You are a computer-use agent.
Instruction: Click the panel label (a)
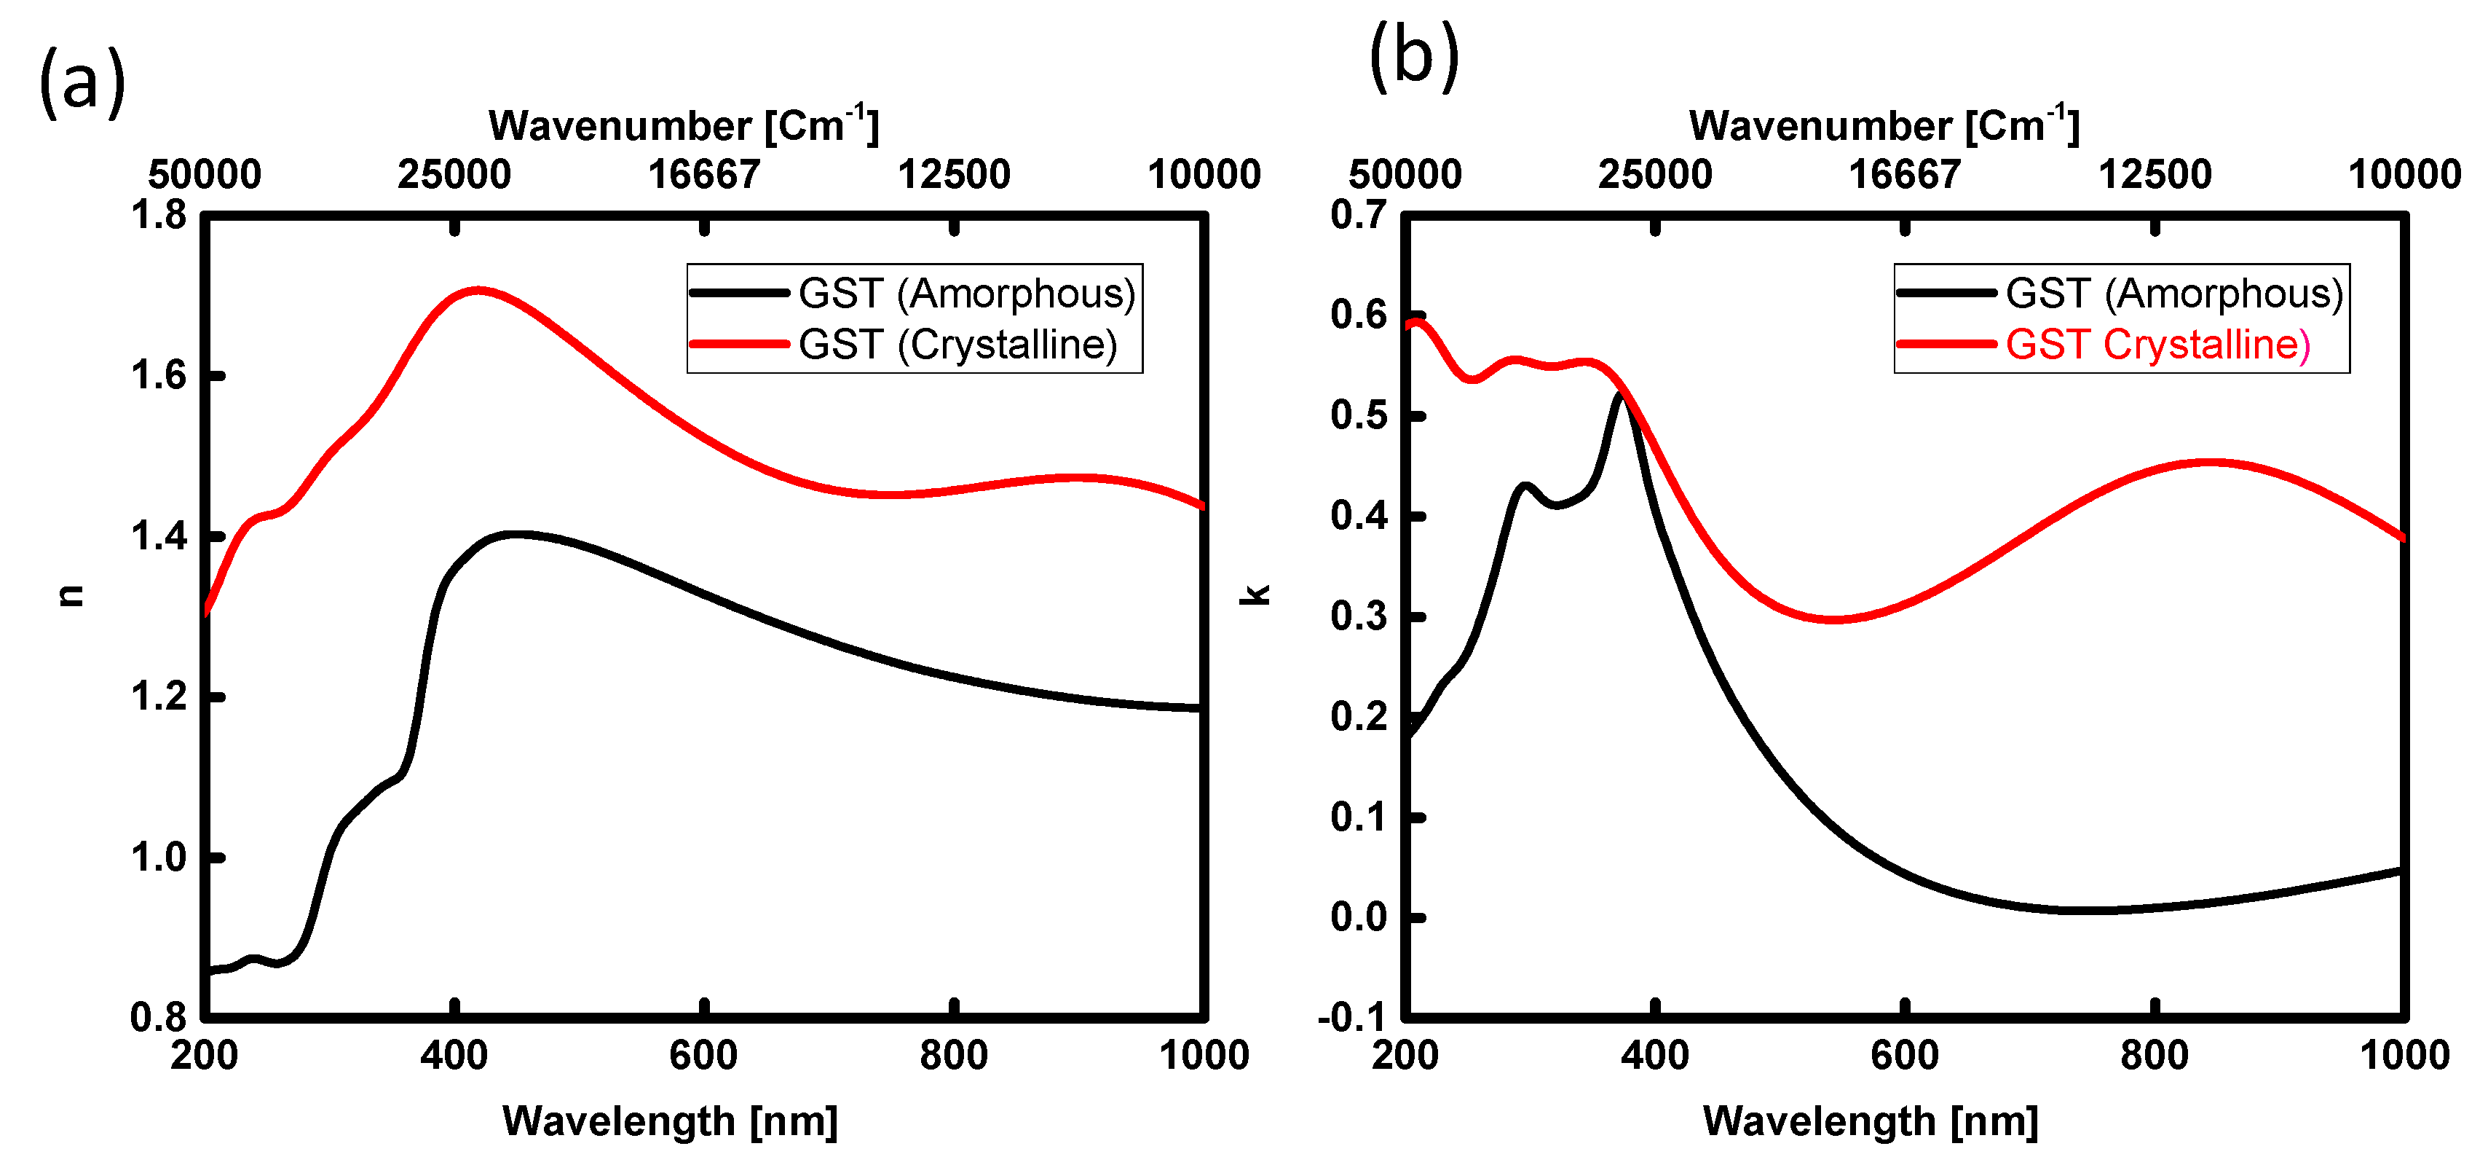click(82, 83)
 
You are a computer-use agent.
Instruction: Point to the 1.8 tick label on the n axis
click(159, 214)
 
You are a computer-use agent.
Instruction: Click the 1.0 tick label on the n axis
click(159, 857)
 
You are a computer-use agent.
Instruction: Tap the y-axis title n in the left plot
click(71, 596)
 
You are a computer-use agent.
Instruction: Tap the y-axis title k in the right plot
click(1255, 596)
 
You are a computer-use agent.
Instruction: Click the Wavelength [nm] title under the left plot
click(669, 1121)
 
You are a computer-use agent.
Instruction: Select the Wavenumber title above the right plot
click(1884, 125)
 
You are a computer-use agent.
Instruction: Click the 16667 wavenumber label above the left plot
click(704, 175)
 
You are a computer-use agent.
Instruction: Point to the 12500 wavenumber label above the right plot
click(2155, 175)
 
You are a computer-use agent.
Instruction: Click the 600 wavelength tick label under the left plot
click(703, 1055)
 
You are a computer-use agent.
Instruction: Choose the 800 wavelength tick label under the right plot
click(2154, 1055)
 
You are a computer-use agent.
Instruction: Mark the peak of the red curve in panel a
click(477, 290)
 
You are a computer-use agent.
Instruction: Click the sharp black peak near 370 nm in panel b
click(1619, 395)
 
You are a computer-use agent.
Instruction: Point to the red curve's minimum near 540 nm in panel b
click(1832, 619)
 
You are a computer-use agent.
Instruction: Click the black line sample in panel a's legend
click(740, 293)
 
